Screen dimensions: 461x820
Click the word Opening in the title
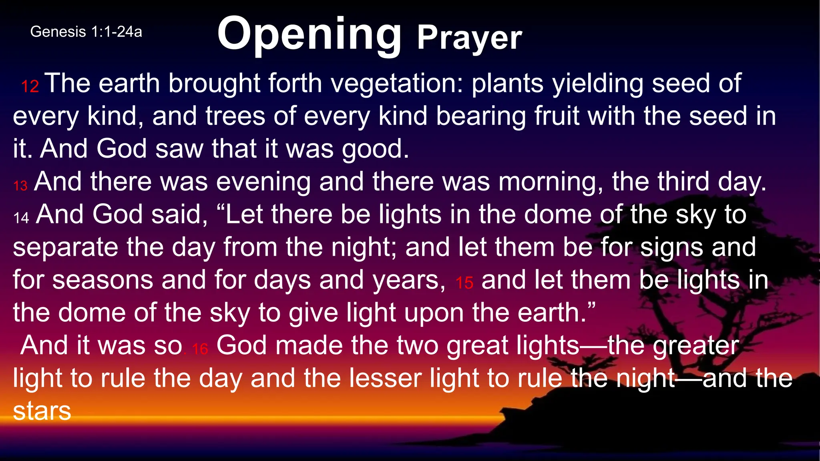click(x=309, y=34)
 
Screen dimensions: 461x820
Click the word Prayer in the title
click(x=469, y=38)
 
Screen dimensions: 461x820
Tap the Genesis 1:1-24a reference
click(x=86, y=32)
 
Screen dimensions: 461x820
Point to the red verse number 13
click(x=20, y=186)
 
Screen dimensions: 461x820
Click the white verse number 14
click(x=21, y=218)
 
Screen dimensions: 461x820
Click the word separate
click(x=65, y=247)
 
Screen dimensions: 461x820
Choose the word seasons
click(x=103, y=280)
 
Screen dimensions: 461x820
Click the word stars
click(x=42, y=411)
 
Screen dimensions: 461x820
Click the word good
click(x=375, y=150)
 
